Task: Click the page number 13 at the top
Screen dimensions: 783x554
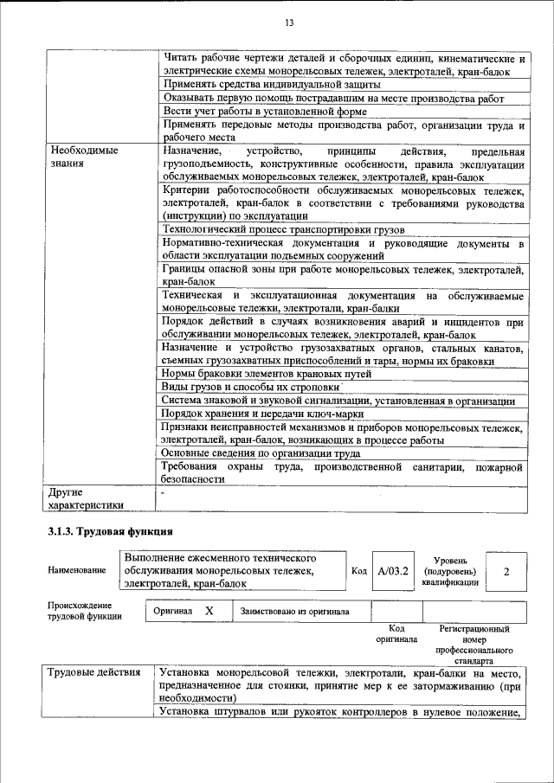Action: [x=277, y=22]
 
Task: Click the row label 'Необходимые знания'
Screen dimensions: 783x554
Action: [x=83, y=157]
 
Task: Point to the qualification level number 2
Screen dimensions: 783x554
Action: [x=506, y=571]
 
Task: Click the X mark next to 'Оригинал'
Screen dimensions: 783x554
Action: [x=209, y=611]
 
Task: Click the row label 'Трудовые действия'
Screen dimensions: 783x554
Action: [x=91, y=673]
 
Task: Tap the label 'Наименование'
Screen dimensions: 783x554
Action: [x=78, y=571]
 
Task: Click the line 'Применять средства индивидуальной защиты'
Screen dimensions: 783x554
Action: [x=271, y=85]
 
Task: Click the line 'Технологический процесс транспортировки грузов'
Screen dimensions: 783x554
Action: [x=283, y=229]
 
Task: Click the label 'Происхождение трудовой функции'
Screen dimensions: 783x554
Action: [x=85, y=611]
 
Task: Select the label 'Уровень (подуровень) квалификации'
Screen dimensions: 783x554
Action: [x=449, y=571]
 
